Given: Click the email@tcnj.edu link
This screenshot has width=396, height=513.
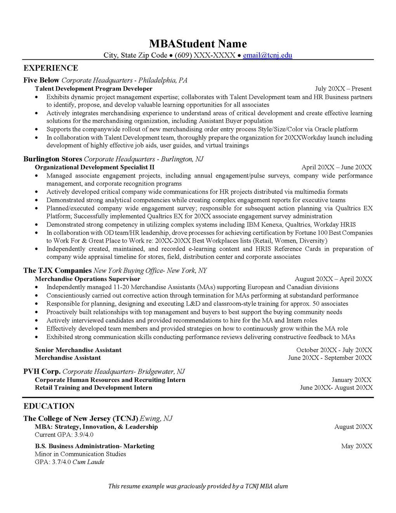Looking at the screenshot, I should pos(267,55).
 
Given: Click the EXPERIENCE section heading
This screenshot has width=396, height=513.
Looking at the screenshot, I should pos(50,68).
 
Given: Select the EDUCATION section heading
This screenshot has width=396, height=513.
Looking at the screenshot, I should pos(49,406).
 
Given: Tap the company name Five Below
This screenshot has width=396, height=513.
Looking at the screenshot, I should pos(41,80).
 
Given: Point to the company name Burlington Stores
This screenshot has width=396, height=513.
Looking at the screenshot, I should pos(53,159).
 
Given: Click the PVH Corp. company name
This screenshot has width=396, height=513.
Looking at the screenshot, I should pos(42,371).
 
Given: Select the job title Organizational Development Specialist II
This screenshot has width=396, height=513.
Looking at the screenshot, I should pos(95,167).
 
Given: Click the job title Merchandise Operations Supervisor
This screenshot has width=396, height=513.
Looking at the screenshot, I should pos(87,279).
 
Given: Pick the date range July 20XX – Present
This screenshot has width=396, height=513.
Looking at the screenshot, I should pos(343,89).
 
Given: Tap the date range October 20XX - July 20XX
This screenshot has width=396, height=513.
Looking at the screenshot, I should pos(334,350).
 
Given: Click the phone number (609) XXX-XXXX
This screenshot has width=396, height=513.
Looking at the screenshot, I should pos(205,55).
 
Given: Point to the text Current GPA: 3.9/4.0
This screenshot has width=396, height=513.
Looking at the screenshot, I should pos(64,434).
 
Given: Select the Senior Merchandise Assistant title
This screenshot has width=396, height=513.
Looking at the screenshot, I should pos(78,350).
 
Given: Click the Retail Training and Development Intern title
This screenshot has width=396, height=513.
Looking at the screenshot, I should pos(94,387).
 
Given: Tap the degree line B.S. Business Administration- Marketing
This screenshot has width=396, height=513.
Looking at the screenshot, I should pos(95,446).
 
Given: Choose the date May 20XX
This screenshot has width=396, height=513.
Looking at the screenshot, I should pos(356,446).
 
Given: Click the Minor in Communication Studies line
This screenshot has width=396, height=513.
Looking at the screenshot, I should pos(80,454).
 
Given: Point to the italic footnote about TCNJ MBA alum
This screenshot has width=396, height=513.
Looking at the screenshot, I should pos(198,486).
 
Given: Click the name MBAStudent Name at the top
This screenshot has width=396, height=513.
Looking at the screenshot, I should pos(198,43).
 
